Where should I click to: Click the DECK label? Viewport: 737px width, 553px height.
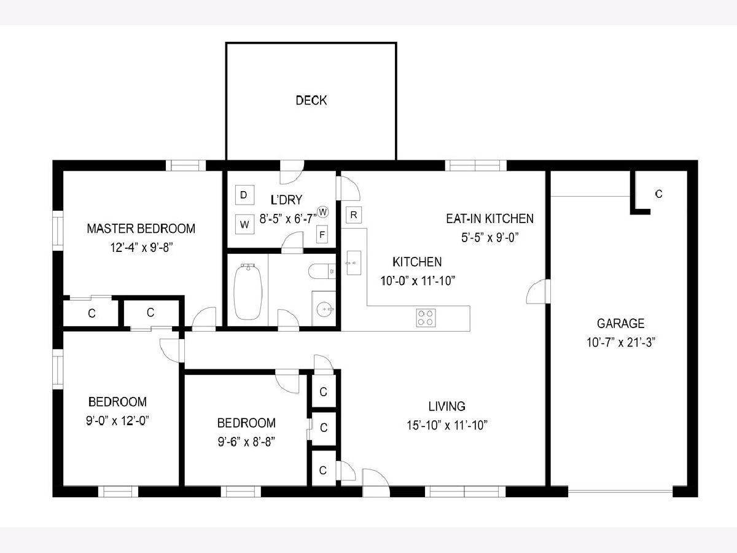coord(311,100)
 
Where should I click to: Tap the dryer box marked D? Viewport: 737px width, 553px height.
coord(244,195)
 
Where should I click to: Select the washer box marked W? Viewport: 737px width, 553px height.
coord(244,224)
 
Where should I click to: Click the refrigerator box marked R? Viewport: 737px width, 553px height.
coord(354,215)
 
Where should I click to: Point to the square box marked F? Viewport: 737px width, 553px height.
coord(322,234)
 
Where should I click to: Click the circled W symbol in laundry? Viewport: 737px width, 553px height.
coord(323,212)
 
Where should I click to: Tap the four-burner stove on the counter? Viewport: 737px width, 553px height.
coord(426,318)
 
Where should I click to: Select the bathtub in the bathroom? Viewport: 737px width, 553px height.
coord(248,291)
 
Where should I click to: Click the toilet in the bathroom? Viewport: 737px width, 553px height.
coord(322,272)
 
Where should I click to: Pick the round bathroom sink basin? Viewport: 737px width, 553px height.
coord(325,309)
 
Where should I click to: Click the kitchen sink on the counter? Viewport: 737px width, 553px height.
coord(354,263)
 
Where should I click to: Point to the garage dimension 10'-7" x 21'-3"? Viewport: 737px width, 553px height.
coord(621,343)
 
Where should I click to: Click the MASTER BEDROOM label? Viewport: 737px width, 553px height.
coord(141,229)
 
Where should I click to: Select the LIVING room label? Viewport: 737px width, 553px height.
coord(447,406)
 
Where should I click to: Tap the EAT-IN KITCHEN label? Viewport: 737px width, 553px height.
coord(489,219)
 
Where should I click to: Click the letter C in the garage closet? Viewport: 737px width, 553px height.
coord(659,194)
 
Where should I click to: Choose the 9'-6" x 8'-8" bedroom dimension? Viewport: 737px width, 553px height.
coord(246,442)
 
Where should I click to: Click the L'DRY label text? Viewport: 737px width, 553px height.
coord(286,200)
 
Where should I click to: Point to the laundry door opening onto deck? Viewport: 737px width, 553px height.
coord(292,172)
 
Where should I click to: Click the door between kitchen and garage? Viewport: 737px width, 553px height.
coord(538,291)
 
